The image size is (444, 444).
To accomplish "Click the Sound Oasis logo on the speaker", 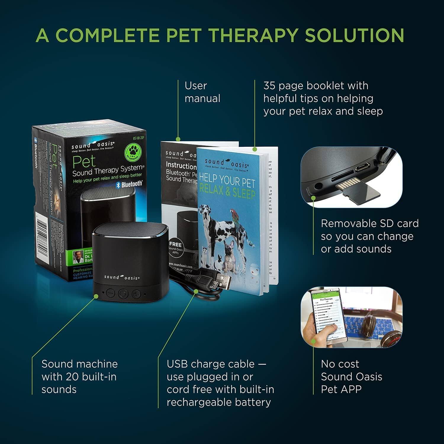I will [122, 277].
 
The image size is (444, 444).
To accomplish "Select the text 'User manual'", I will [202, 92].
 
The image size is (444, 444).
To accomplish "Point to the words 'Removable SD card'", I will [370, 223].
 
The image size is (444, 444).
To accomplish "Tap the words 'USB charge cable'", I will [210, 364].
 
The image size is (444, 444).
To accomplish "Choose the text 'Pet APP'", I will [341, 390].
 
